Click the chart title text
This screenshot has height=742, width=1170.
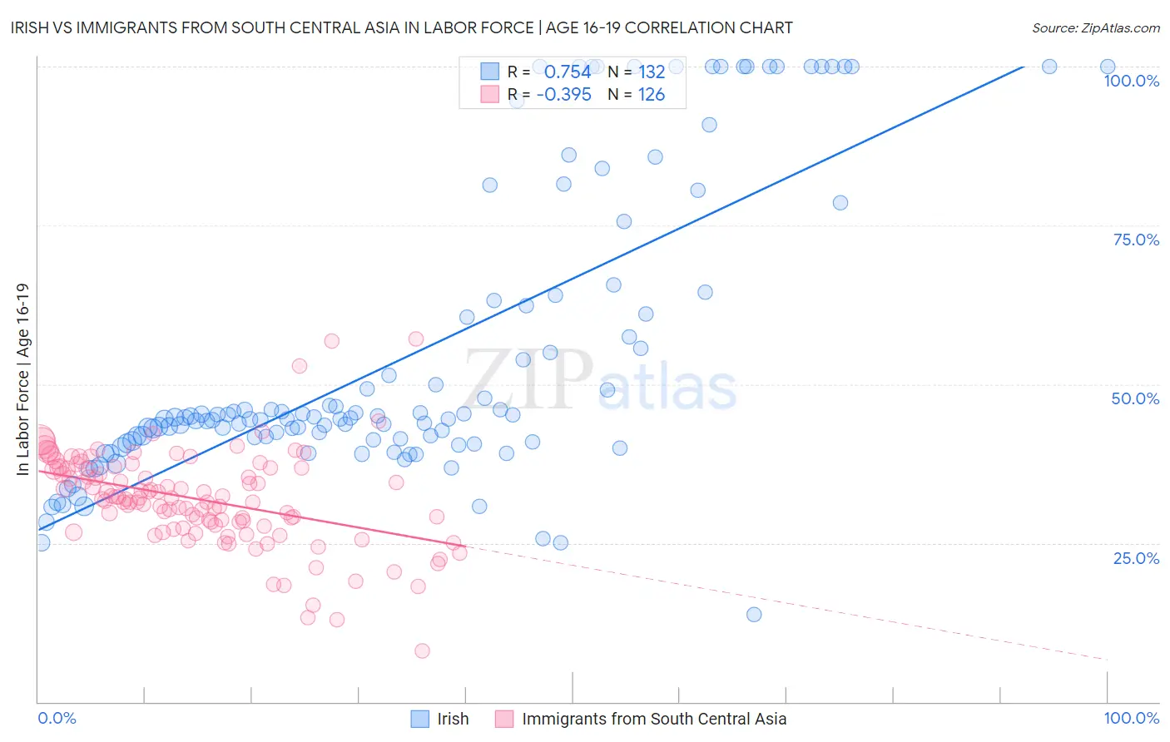pyautogui.click(x=403, y=27)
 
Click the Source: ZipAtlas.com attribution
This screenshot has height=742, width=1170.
pyautogui.click(x=1095, y=27)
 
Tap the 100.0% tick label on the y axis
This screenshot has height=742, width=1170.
pyautogui.click(x=1131, y=81)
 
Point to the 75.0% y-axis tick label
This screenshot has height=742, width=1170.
pyautogui.click(x=1136, y=240)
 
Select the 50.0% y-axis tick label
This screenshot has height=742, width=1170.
pyautogui.click(x=1135, y=398)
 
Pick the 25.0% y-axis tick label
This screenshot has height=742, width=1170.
pyautogui.click(x=1136, y=558)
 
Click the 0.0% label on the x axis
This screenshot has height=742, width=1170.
pyautogui.click(x=57, y=718)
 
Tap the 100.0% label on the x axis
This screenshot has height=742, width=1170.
pyautogui.click(x=1131, y=718)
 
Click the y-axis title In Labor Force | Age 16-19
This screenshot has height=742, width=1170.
pyautogui.click(x=22, y=379)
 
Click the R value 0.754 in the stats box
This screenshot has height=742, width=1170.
pyautogui.click(x=568, y=72)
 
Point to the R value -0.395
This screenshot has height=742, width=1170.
pyautogui.click(x=563, y=94)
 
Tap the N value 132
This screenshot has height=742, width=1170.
pyautogui.click(x=652, y=72)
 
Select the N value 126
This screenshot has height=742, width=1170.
pyautogui.click(x=651, y=94)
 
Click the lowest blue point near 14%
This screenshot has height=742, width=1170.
pyautogui.click(x=754, y=615)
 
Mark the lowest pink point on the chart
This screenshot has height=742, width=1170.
pyautogui.click(x=422, y=650)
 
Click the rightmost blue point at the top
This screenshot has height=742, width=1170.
pyautogui.click(x=1108, y=67)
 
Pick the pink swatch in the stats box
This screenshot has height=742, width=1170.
pyautogui.click(x=489, y=94)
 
